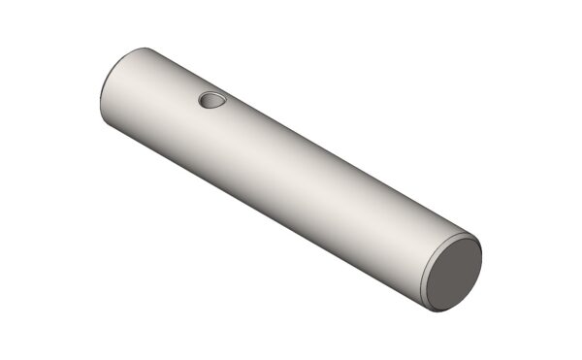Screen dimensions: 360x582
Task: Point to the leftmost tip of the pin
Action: tap(100, 97)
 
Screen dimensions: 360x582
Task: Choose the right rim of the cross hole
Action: tap(224, 100)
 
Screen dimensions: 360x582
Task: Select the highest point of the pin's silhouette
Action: tap(145, 47)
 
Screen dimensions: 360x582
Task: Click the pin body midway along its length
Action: tap(291, 180)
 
